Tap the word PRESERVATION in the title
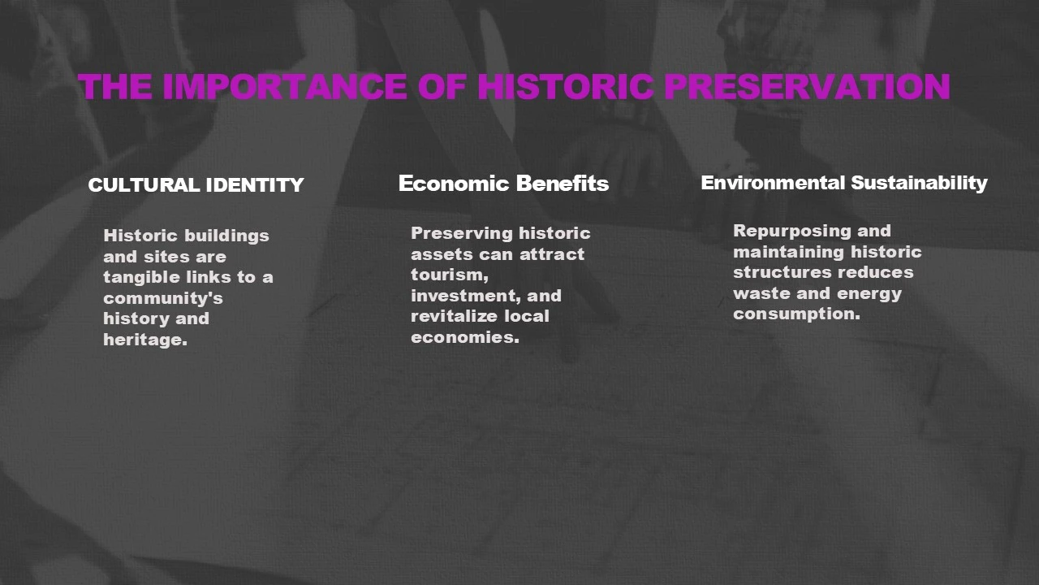[808, 87]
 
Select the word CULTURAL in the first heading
[144, 185]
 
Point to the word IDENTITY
[255, 185]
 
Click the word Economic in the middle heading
[454, 184]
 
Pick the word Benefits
[563, 184]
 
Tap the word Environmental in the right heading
[773, 183]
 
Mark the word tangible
[140, 278]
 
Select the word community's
[163, 298]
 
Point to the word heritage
[145, 340]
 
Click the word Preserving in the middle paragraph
[461, 233]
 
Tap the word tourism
[450, 275]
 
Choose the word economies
[465, 337]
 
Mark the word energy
[874, 294]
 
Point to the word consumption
[796, 314]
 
